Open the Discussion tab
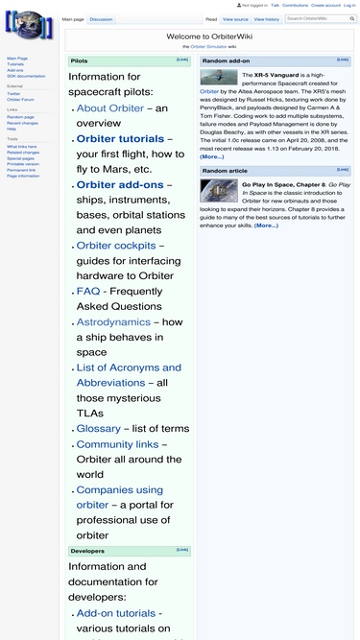[x=101, y=19]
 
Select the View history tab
[x=268, y=19]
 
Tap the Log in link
[x=349, y=5]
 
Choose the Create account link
[x=325, y=5]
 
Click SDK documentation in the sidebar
[x=26, y=76]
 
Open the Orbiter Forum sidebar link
[x=20, y=99]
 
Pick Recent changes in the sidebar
[x=21, y=123]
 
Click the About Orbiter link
[x=109, y=108]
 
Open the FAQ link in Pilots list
[x=87, y=291]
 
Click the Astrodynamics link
[x=113, y=322]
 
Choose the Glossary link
[x=98, y=429]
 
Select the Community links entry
[x=117, y=444]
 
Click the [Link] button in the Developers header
[x=182, y=550]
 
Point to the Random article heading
[x=224, y=170]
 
